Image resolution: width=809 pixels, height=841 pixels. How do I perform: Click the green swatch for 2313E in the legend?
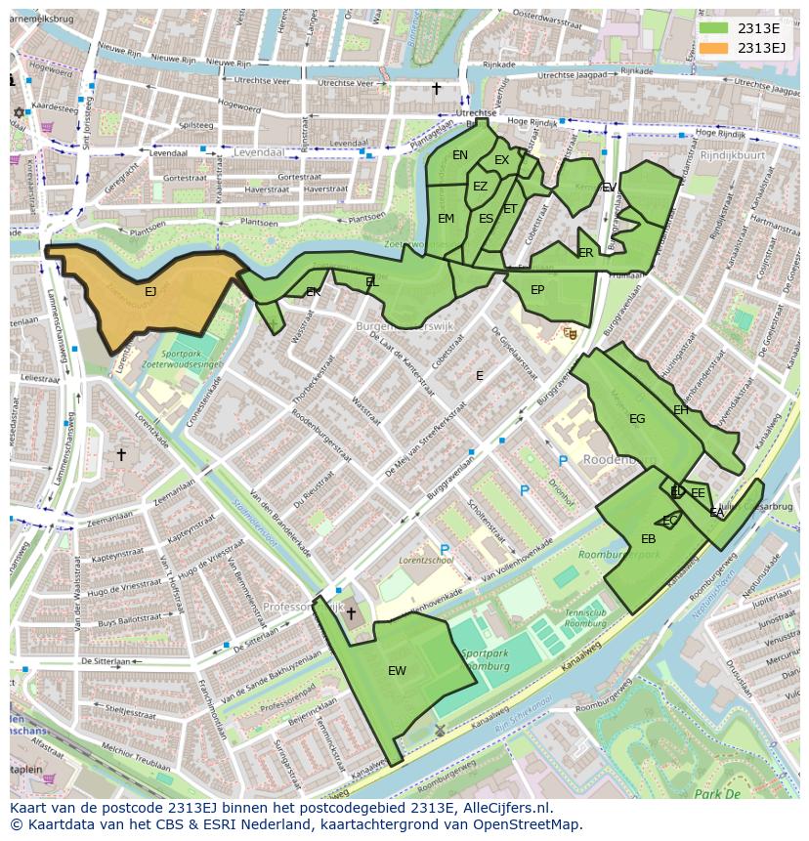714,28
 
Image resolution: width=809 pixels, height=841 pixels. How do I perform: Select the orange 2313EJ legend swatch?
714,47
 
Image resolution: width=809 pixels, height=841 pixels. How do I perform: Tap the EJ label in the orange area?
149,291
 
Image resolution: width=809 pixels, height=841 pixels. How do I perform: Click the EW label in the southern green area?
397,670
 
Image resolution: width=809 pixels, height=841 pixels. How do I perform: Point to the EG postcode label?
637,419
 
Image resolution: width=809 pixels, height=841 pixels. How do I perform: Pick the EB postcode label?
648,539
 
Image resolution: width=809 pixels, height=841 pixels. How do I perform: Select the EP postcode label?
537,290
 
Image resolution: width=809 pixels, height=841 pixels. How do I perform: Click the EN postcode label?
460,155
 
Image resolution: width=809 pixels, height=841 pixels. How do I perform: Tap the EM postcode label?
446,219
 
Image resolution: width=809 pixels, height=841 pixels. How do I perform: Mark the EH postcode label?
681,409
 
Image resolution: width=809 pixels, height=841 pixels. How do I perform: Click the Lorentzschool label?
426,562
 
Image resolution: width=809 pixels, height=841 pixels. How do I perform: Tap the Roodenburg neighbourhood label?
618,459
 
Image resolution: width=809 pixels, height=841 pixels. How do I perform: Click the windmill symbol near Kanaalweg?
439,729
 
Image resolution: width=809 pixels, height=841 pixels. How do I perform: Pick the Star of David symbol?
19,112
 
